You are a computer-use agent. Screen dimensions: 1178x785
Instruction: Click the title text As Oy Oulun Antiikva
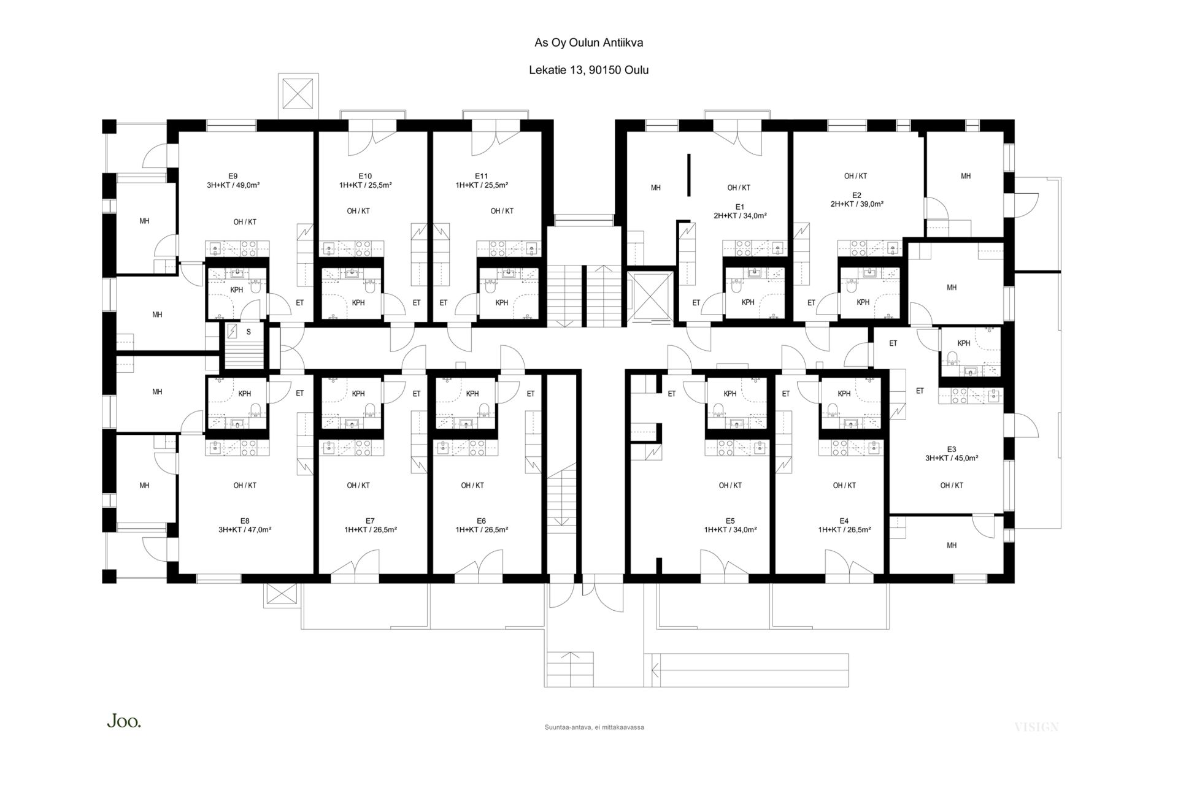point(588,43)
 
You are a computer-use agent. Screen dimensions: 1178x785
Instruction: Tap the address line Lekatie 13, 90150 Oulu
point(588,70)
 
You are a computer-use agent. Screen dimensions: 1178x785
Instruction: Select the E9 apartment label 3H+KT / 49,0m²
point(233,185)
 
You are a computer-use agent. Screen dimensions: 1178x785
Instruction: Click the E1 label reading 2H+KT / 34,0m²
point(740,215)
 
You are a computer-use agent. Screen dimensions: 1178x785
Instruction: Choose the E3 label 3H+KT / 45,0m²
point(952,458)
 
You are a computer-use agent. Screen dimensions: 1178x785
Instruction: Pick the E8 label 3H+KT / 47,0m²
point(245,530)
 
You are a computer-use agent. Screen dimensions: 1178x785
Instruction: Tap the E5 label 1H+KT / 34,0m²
point(730,530)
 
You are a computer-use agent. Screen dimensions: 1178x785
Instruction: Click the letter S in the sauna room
point(248,332)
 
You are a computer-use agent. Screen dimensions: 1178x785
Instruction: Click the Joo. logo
point(124,722)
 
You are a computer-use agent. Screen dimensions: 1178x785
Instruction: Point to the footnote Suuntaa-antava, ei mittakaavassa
point(594,727)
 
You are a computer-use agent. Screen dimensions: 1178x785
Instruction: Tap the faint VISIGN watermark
point(1036,727)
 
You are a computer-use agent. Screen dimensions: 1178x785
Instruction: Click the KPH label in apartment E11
point(502,302)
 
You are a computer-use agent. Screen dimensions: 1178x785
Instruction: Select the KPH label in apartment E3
point(964,343)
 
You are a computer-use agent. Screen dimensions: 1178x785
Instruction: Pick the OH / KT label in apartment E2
point(855,176)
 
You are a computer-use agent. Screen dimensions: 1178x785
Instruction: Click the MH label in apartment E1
point(656,188)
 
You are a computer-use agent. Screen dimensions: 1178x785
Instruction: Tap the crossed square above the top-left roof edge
point(299,96)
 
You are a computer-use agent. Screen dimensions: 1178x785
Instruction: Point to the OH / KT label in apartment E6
point(472,485)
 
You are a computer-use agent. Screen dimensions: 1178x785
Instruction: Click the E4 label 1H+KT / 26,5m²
point(844,530)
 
